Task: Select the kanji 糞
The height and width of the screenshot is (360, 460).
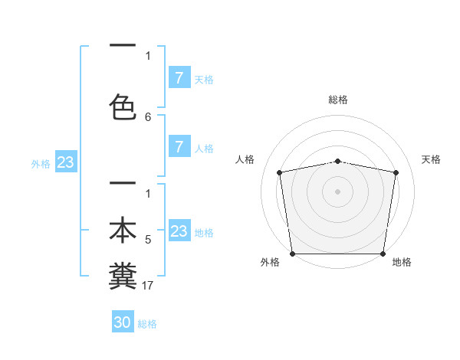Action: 123,275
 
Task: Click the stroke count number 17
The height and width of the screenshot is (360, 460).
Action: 149,286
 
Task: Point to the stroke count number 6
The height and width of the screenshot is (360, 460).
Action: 148,116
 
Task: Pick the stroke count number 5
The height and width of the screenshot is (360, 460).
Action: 148,240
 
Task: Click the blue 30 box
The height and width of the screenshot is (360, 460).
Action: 123,322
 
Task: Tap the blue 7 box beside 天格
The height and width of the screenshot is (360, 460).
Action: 179,78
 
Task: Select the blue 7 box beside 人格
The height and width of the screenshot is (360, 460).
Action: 179,147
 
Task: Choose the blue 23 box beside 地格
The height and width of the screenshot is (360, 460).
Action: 179,231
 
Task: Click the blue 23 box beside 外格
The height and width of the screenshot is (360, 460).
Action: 65,162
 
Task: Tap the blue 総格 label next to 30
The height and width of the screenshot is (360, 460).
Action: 147,324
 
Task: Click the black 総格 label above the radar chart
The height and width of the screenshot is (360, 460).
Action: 337,100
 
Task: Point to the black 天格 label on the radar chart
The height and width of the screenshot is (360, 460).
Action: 431,159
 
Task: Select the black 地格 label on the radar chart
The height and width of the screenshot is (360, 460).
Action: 402,263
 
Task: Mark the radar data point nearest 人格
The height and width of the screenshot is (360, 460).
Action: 280,172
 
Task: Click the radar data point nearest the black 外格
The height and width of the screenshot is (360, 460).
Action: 292,254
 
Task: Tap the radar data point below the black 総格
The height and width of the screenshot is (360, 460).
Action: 337,161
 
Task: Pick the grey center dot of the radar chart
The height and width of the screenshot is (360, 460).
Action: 337,191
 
